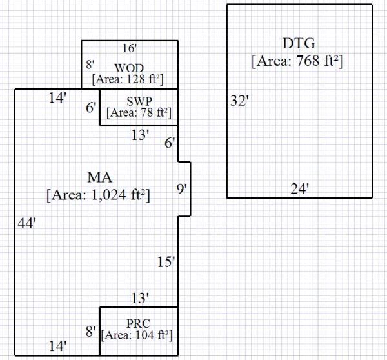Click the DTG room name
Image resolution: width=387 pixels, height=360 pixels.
tap(299, 45)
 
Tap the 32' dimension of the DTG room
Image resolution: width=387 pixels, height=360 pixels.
tap(239, 101)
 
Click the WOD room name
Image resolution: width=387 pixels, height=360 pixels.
tap(129, 68)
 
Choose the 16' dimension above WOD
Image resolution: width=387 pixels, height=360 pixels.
tap(130, 48)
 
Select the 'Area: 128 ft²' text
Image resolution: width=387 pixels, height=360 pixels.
tap(128, 80)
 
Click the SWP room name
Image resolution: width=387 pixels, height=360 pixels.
tap(139, 101)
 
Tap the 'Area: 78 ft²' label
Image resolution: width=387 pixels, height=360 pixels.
tap(139, 113)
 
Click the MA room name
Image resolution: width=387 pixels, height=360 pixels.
tap(99, 177)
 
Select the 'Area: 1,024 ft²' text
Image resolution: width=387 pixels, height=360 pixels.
tap(98, 194)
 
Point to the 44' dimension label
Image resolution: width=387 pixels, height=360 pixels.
tap(26, 223)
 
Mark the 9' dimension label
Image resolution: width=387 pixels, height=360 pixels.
tap(183, 189)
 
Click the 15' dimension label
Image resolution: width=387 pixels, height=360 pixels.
tap(166, 262)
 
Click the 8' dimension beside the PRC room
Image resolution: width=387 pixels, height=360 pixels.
tap(90, 332)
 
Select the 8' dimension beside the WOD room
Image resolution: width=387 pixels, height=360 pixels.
tap(90, 65)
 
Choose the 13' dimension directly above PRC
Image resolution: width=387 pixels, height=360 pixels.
tap(139, 298)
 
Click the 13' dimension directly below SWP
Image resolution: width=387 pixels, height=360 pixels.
tap(139, 135)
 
